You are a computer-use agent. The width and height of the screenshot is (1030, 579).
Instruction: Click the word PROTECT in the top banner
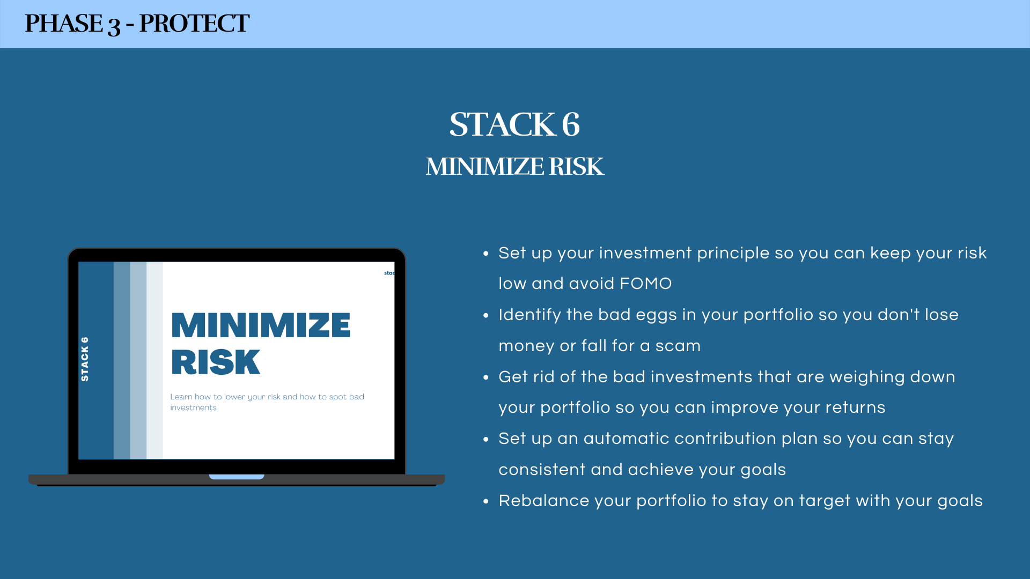click(x=194, y=24)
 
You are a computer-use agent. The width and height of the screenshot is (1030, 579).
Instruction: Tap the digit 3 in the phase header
click(x=114, y=26)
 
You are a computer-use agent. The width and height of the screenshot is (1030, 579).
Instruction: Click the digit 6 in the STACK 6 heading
click(x=571, y=124)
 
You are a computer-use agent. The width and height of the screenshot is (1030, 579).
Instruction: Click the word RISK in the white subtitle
click(x=576, y=167)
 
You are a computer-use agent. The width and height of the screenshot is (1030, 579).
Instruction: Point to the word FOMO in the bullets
click(x=645, y=284)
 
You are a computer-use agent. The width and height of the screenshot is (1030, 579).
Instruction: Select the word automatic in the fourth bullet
click(x=626, y=439)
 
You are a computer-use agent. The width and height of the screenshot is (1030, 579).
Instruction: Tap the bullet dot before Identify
click(x=486, y=315)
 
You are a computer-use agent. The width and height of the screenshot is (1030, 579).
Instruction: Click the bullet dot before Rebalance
click(x=486, y=501)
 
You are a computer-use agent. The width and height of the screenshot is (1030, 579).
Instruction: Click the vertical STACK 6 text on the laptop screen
click(x=84, y=359)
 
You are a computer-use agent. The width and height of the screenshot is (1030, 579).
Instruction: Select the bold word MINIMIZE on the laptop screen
click(x=261, y=325)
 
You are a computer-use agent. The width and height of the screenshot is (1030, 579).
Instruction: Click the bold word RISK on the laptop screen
click(x=216, y=362)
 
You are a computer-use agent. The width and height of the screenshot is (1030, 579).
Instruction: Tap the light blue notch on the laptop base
click(x=237, y=477)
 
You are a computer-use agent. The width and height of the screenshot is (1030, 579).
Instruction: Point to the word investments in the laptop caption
click(x=193, y=407)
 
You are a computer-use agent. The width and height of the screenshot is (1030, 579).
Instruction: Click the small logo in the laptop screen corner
click(x=389, y=273)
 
